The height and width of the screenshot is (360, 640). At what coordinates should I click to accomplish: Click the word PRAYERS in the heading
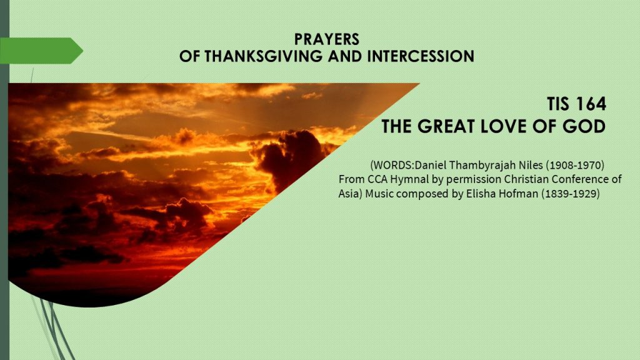click(326, 39)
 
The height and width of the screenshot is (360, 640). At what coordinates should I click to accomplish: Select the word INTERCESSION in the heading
click(421, 56)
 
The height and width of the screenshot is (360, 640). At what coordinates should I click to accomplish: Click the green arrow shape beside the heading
click(41, 51)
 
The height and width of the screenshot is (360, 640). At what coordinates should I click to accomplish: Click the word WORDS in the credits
click(392, 165)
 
